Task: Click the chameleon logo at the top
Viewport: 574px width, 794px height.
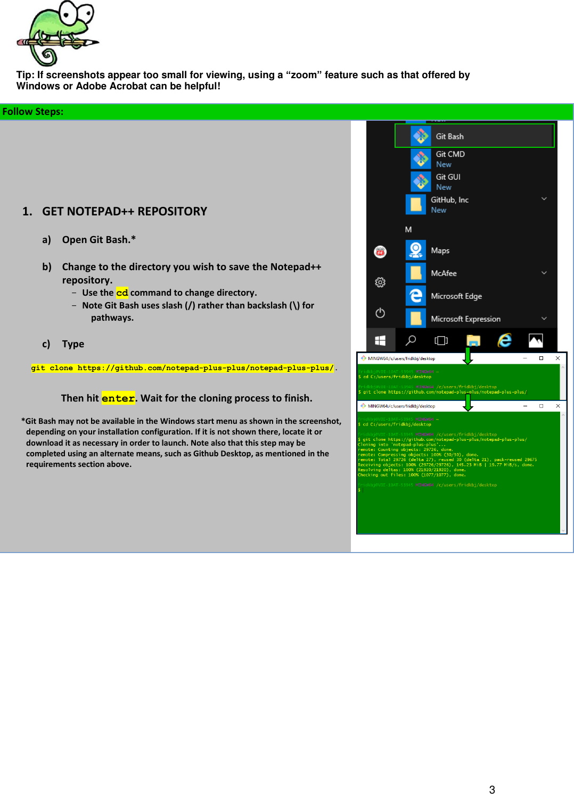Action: click(58, 33)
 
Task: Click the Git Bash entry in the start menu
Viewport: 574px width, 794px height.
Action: click(449, 137)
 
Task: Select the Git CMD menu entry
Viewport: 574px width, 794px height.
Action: click(450, 154)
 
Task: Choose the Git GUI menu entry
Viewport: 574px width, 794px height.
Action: click(448, 177)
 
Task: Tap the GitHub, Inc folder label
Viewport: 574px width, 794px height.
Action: click(449, 200)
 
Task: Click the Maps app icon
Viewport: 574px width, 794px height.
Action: click(416, 250)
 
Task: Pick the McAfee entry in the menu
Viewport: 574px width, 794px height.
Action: click(444, 273)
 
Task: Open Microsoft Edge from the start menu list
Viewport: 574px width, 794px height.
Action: click(456, 296)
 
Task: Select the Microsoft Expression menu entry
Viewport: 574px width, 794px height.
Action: click(465, 319)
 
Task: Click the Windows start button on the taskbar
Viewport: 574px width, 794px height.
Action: click(380, 340)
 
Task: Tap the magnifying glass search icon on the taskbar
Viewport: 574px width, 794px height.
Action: click(411, 340)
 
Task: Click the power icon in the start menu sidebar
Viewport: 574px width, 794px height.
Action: click(380, 313)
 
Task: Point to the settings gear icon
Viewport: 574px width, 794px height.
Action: click(380, 282)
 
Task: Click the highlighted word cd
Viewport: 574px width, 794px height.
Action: click(122, 293)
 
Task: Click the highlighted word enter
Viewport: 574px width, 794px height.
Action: click(118, 398)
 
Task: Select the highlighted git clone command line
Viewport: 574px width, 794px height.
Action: click(182, 368)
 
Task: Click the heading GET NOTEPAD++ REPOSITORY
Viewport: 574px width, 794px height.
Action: click(125, 212)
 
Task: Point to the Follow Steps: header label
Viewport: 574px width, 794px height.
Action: click(33, 112)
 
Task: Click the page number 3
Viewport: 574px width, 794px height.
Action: click(492, 790)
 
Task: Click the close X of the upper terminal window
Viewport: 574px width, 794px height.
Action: click(557, 358)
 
